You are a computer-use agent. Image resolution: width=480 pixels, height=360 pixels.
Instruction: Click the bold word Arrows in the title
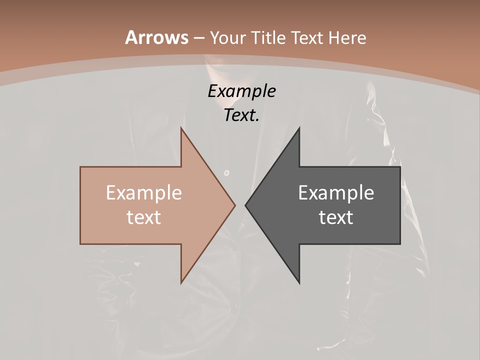pyautogui.click(x=156, y=37)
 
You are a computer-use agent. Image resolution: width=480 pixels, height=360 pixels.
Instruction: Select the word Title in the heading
pyautogui.click(x=269, y=38)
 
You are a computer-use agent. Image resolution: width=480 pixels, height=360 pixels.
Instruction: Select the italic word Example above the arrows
pyautogui.click(x=241, y=91)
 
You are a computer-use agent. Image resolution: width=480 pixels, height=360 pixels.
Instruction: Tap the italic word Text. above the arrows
pyautogui.click(x=241, y=115)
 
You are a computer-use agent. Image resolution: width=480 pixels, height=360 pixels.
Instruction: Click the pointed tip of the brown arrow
pyautogui.click(x=235, y=205)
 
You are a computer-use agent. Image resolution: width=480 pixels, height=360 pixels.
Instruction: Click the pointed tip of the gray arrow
pyautogui.click(x=245, y=205)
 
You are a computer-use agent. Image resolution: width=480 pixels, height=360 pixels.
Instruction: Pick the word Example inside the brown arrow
pyautogui.click(x=143, y=193)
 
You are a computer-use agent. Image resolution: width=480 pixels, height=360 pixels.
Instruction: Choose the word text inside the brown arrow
pyautogui.click(x=143, y=217)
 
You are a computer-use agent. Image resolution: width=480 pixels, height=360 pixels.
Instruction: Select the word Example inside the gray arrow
pyautogui.click(x=336, y=193)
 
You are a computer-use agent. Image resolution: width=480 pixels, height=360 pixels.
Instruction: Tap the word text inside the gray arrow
pyautogui.click(x=336, y=217)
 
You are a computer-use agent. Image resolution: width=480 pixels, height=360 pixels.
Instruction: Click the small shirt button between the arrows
pyautogui.click(x=226, y=173)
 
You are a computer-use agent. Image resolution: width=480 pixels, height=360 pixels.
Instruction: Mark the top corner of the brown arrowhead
pyautogui.click(x=181, y=127)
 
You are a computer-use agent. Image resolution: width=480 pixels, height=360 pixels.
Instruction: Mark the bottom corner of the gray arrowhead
pyautogui.click(x=299, y=283)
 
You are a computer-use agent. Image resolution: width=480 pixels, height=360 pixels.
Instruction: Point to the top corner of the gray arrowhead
pyautogui.click(x=299, y=127)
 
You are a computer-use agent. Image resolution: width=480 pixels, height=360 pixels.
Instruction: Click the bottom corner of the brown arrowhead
pyautogui.click(x=181, y=283)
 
